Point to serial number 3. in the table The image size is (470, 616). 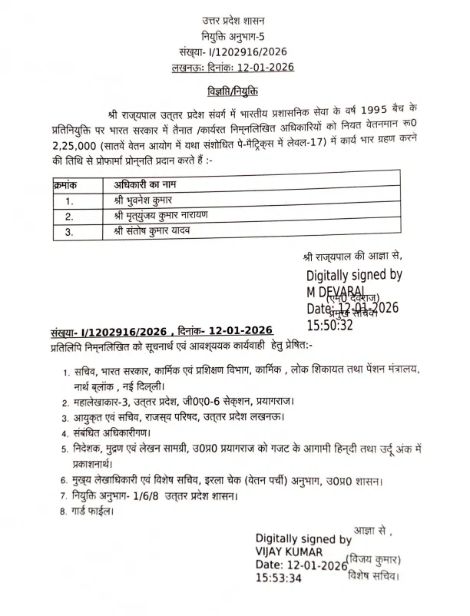(69, 231)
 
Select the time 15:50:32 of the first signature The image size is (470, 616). (330, 326)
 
